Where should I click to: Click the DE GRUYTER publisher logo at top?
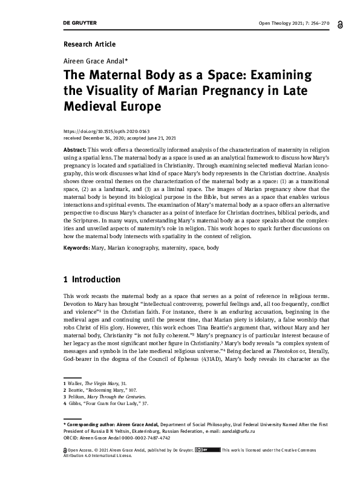tap(80, 23)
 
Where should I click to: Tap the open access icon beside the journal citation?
tap(342, 24)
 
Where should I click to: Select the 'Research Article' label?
tap(89, 44)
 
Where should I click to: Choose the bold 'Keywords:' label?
tap(77, 248)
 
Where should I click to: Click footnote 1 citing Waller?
tap(96, 383)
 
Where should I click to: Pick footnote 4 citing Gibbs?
tap(106, 403)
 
